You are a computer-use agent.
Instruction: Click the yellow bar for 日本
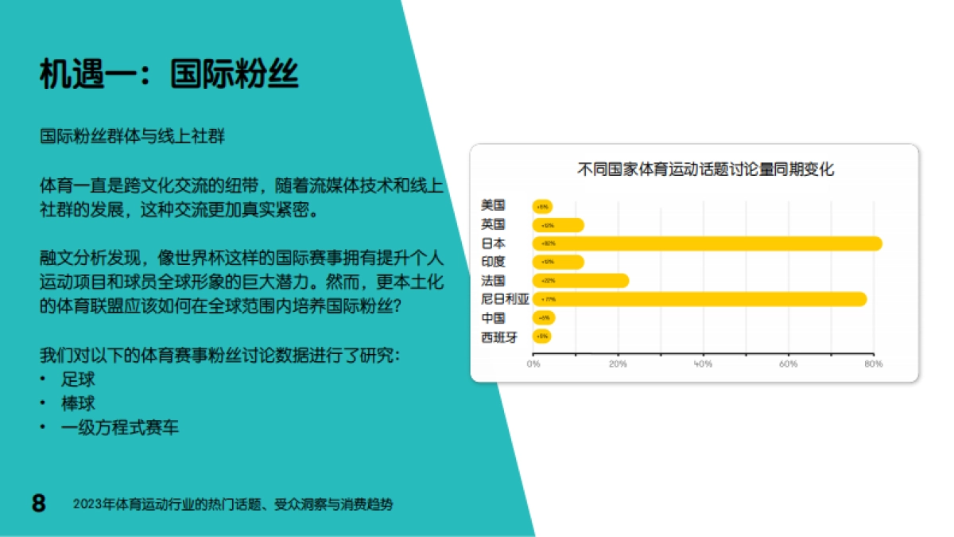click(x=708, y=243)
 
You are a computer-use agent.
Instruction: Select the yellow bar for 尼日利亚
click(x=700, y=299)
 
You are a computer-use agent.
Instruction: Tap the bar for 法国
click(x=581, y=281)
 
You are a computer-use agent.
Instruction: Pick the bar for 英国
click(x=559, y=225)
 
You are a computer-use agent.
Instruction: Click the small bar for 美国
click(x=543, y=207)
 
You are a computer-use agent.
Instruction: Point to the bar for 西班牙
click(x=542, y=337)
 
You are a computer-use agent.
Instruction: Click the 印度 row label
click(x=493, y=262)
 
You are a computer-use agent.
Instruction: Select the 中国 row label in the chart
click(x=493, y=318)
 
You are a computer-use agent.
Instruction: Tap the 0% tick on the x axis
click(x=533, y=364)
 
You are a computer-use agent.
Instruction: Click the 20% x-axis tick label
click(x=618, y=364)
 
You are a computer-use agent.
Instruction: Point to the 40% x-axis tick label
click(x=703, y=364)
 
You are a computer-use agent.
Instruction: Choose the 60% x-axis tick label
click(x=788, y=364)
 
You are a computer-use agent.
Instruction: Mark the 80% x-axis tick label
click(x=873, y=364)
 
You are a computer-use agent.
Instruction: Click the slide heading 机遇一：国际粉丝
click(x=169, y=75)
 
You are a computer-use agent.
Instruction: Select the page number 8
click(x=38, y=504)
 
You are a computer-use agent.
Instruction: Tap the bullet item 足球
click(x=78, y=379)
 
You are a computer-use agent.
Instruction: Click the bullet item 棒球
click(x=78, y=403)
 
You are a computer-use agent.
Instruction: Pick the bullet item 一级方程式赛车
click(x=120, y=428)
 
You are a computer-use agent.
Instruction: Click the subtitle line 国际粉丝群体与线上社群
click(x=133, y=137)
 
